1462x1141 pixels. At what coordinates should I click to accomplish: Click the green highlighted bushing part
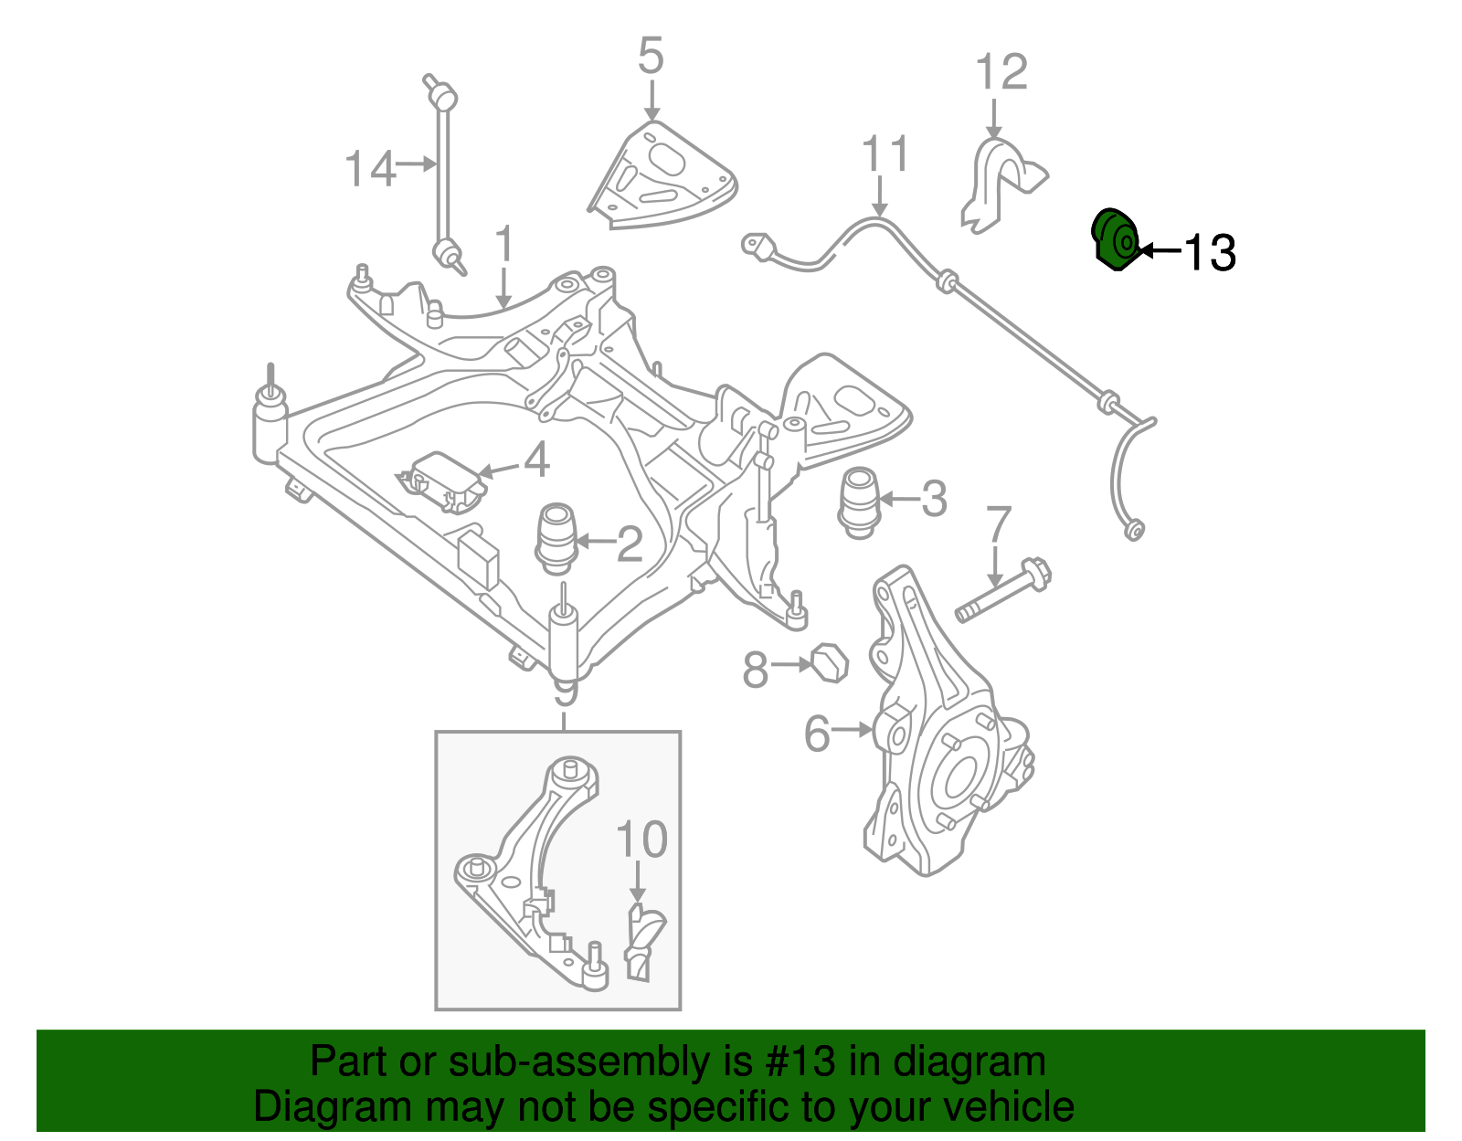[1114, 239]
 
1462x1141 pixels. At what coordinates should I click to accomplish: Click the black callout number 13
[1211, 252]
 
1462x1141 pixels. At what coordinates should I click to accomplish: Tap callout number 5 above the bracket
[650, 57]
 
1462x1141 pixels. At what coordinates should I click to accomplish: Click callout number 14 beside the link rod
[370, 169]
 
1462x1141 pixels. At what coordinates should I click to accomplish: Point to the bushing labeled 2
[556, 539]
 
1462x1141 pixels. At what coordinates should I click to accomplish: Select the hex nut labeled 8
[830, 663]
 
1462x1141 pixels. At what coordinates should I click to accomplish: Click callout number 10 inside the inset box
[641, 839]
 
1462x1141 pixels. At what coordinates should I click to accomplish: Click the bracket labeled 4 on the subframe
[442, 481]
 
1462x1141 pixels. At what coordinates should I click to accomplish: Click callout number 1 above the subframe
[503, 246]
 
